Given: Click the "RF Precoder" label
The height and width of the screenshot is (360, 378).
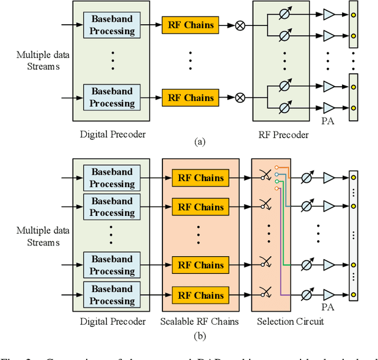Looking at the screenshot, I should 284,135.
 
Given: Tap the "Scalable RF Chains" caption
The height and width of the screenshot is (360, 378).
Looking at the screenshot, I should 200,322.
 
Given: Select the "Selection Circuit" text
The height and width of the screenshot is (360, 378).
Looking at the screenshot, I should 290,322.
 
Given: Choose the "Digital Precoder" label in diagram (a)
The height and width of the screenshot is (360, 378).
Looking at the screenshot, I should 112,135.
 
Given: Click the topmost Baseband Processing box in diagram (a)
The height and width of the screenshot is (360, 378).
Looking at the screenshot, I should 112,25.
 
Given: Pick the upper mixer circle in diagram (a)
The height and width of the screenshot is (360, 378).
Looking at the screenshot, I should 240,25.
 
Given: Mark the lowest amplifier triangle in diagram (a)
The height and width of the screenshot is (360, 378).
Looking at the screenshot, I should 329,108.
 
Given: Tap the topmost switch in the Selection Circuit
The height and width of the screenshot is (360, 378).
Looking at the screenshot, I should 265,175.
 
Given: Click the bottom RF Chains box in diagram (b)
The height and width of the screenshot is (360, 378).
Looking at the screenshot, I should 200,295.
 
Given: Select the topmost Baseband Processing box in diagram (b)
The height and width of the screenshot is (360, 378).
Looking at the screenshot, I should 112,178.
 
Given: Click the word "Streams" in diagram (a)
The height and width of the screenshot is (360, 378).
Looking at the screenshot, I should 43,66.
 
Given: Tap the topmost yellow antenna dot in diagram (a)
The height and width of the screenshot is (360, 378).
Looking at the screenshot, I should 353,14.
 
